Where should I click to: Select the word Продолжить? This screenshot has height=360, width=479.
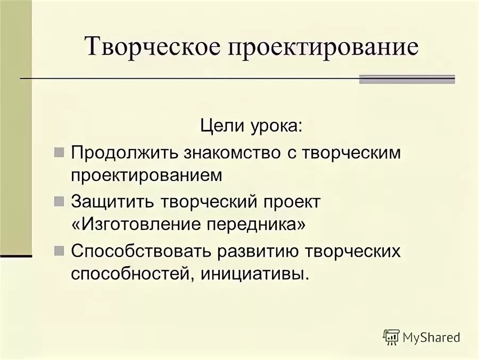pyautogui.click(x=125, y=152)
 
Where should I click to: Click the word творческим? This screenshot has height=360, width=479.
pyautogui.click(x=352, y=152)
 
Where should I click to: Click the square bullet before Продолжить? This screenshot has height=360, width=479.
pyautogui.click(x=59, y=152)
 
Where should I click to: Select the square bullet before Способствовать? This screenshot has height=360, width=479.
pyautogui.click(x=59, y=251)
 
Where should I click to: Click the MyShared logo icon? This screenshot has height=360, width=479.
pyautogui.click(x=391, y=337)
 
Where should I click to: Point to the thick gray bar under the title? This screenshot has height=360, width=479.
pyautogui.click(x=407, y=79)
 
